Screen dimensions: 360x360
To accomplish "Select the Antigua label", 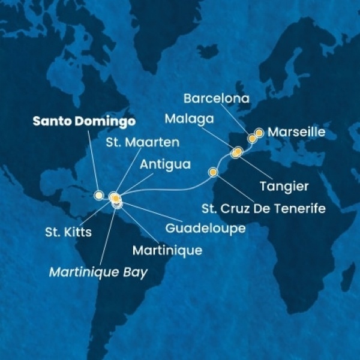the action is click(160, 163).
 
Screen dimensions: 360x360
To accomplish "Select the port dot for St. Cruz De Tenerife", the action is click(212, 173).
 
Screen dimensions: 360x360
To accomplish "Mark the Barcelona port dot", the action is click(253, 139).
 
